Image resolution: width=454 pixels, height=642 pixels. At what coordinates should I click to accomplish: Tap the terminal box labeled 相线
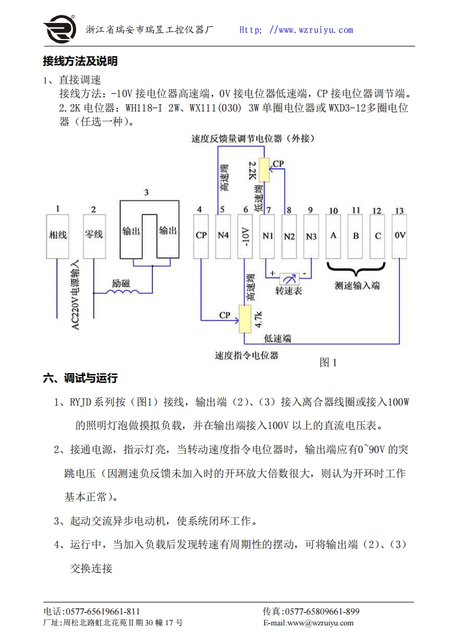[58, 235]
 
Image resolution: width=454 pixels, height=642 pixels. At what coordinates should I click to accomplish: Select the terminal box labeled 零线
[93, 235]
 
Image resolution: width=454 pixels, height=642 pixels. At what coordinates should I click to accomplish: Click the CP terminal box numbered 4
[201, 235]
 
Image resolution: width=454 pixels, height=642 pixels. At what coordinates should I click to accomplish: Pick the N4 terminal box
[223, 235]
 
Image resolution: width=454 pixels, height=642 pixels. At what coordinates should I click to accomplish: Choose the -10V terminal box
[244, 235]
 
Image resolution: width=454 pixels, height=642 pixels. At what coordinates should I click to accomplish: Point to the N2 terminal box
[289, 235]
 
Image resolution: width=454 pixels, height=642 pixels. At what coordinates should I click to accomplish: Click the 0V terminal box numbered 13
[399, 235]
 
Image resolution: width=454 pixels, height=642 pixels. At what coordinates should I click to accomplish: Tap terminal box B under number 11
[356, 235]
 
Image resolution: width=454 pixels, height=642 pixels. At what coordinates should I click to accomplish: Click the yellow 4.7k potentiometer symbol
[245, 319]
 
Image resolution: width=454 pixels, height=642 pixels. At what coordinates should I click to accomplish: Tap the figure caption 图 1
[327, 362]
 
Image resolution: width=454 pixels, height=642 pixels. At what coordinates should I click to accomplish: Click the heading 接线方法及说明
[80, 61]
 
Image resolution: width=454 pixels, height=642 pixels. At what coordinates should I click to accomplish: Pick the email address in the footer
[308, 623]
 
